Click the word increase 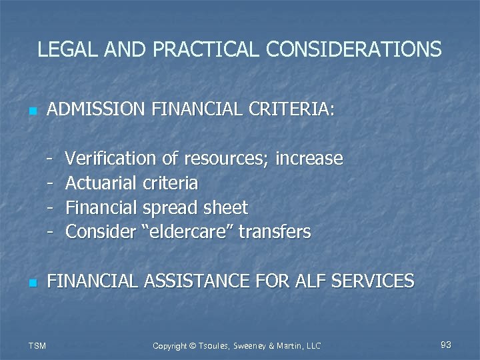coord(309,159)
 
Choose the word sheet coord(225,207)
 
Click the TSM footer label coord(37,345)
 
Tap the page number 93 coord(446,345)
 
